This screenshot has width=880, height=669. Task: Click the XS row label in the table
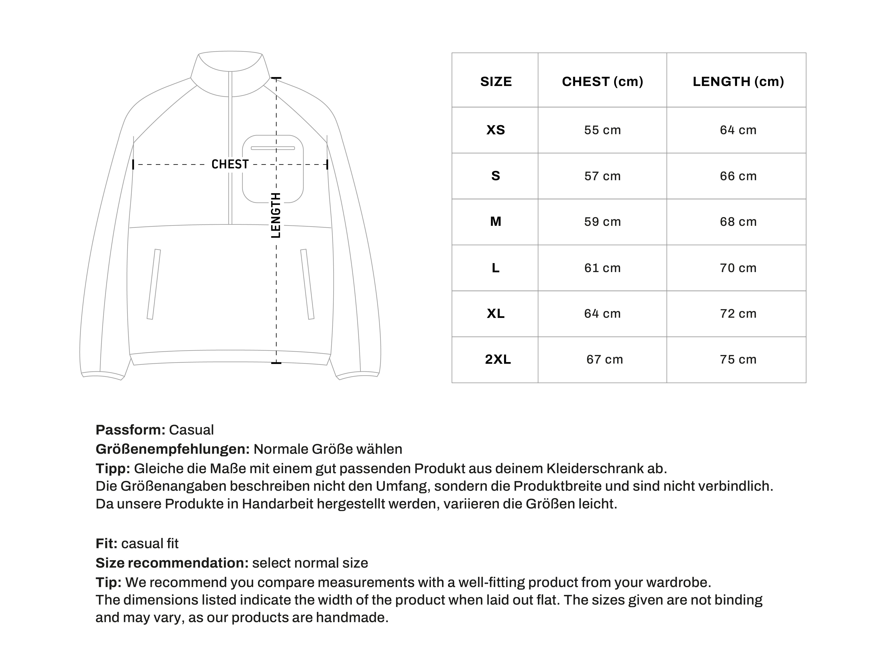tap(495, 130)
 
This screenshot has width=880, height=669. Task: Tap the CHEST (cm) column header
tap(602, 82)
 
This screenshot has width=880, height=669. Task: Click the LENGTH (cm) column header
tap(738, 82)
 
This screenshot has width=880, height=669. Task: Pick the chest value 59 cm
tap(602, 222)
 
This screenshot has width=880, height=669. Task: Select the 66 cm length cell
tap(738, 176)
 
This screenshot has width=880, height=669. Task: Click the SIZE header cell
tap(495, 82)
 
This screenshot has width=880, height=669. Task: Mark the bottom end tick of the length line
tap(276, 363)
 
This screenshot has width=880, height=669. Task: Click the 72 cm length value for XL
tap(738, 314)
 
